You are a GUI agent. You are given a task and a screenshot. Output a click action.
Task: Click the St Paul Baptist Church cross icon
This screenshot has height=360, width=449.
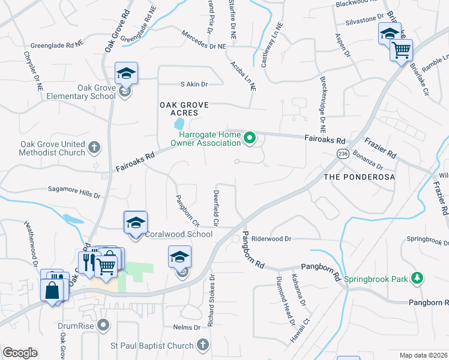click(x=203, y=345)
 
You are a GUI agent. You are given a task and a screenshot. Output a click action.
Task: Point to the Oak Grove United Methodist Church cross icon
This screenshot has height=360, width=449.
click(x=94, y=147)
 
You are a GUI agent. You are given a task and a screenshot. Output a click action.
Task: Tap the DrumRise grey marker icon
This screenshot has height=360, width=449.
click(x=104, y=326)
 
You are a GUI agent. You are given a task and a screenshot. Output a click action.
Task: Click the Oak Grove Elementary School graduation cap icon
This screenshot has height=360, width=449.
click(x=126, y=73)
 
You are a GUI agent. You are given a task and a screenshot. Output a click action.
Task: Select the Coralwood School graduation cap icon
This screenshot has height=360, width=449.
click(x=136, y=223)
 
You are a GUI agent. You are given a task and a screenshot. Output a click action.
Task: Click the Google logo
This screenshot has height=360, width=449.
click(x=20, y=353)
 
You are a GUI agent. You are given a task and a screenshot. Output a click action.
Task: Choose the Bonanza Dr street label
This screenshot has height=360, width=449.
click(x=367, y=160)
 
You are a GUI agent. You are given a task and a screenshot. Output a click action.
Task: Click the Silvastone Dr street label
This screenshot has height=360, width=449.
click(x=364, y=19)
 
